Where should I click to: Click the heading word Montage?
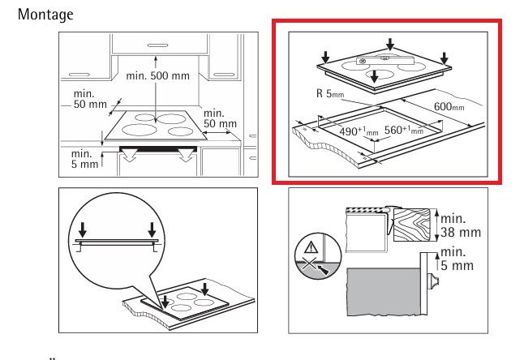coord(45,15)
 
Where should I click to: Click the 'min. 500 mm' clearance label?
coord(157,75)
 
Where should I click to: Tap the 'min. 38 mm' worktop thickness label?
coord(461,225)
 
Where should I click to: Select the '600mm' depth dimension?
coord(449,106)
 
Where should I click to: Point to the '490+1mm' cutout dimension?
coord(359,131)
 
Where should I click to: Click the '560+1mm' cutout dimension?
coord(404,130)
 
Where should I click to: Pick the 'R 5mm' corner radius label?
coord(330,93)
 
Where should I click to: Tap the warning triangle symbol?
coord(311,248)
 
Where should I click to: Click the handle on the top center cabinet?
coord(157,45)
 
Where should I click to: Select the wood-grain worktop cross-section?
coord(411,225)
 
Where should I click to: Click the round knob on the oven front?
coord(434,281)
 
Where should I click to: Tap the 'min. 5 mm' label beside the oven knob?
coord(457,259)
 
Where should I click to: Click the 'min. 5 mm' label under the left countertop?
coord(85,159)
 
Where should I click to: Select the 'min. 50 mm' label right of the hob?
coord(220,118)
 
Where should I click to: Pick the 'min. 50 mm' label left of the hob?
coord(90,99)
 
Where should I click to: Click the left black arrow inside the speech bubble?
coord(83,229)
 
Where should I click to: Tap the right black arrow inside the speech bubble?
coord(152,229)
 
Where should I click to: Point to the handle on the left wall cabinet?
coord(79,75)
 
